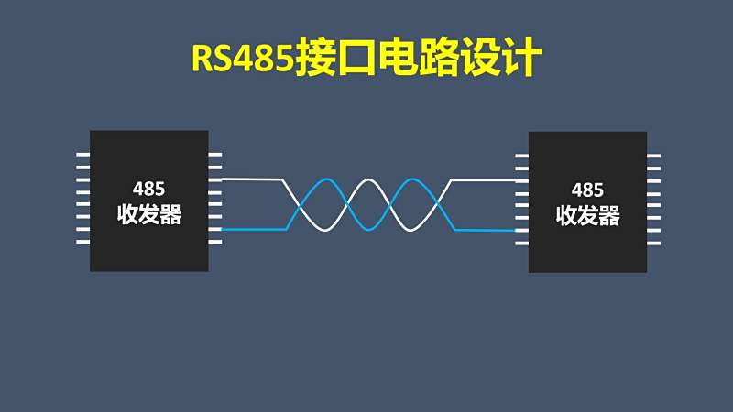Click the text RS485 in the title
pos(242,58)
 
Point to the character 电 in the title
pos(398,58)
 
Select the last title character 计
pos(521,58)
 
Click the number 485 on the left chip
pos(148,189)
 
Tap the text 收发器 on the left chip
pos(149,215)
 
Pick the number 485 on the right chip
pos(587,190)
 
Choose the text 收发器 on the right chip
pos(588,216)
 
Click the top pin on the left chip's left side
pos(82,154)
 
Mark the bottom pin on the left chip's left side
pos(82,242)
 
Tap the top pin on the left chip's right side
pos(215,154)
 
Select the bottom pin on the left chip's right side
pos(215,242)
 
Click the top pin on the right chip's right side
pos(653,156)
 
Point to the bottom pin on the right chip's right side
pos(653,243)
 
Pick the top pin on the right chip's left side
pos(521,156)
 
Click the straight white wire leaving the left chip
pos(251,179)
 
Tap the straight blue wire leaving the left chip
pos(254,230)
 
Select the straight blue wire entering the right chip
pos(485,231)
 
